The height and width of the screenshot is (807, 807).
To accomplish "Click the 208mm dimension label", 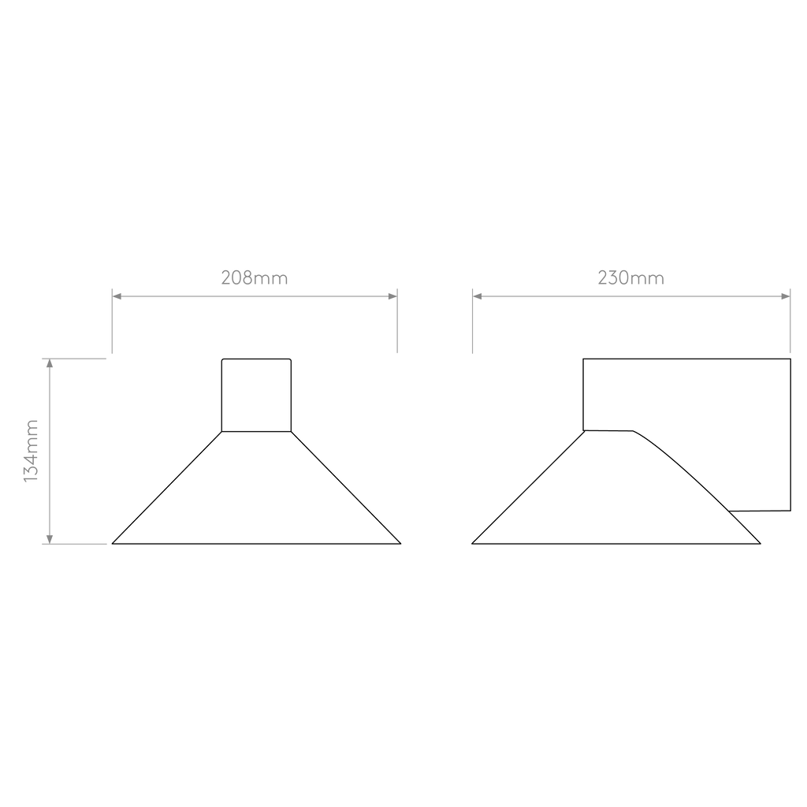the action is coord(255,278).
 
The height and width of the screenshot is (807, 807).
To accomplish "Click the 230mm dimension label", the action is coord(631,278).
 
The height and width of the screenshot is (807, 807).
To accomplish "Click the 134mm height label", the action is coord(31,452).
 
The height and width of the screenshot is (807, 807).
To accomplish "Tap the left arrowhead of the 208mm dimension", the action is coord(117,296).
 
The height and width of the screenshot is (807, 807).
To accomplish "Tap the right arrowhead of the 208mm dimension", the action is coord(392,296).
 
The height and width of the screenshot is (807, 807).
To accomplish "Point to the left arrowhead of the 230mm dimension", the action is coord(477,296).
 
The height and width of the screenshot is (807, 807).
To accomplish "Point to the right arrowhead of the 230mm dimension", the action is coord(786,296).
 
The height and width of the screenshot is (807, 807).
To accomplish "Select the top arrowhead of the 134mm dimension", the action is coord(50,363).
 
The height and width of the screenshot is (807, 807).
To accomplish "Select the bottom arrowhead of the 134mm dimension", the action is coord(50,539).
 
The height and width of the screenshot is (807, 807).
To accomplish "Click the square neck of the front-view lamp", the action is coord(256,395).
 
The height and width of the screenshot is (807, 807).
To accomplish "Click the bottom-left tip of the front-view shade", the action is coord(112,544).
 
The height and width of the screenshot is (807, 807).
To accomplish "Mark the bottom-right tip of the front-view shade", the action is coord(400,544).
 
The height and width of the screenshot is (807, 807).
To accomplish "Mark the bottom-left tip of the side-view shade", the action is coord(472,544).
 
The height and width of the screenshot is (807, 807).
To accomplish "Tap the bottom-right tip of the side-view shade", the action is coord(761,544).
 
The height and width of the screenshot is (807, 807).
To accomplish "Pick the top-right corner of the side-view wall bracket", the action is coord(790,359).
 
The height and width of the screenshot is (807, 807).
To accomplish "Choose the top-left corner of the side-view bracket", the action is coord(583,359).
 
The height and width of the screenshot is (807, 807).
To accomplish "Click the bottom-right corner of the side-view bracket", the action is coord(790,511).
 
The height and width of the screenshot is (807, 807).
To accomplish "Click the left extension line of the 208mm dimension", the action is coord(112,321).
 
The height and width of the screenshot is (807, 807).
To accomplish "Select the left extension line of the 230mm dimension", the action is coord(473,321).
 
